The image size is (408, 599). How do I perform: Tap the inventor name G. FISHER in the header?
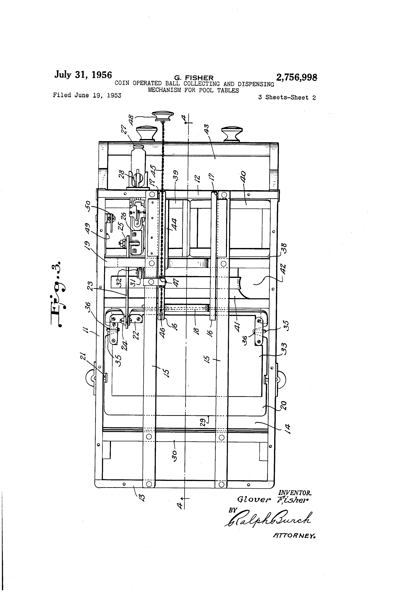click(x=194, y=78)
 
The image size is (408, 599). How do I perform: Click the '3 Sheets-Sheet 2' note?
click(x=287, y=97)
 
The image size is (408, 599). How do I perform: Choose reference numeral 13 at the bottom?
click(x=141, y=496)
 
